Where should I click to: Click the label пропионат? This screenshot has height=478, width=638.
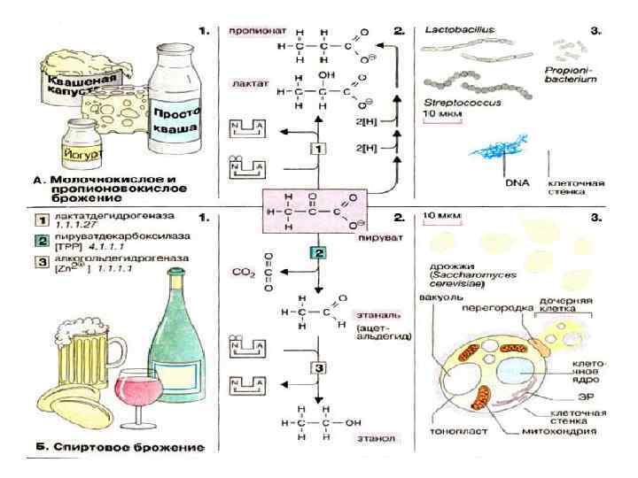click(255, 30)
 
